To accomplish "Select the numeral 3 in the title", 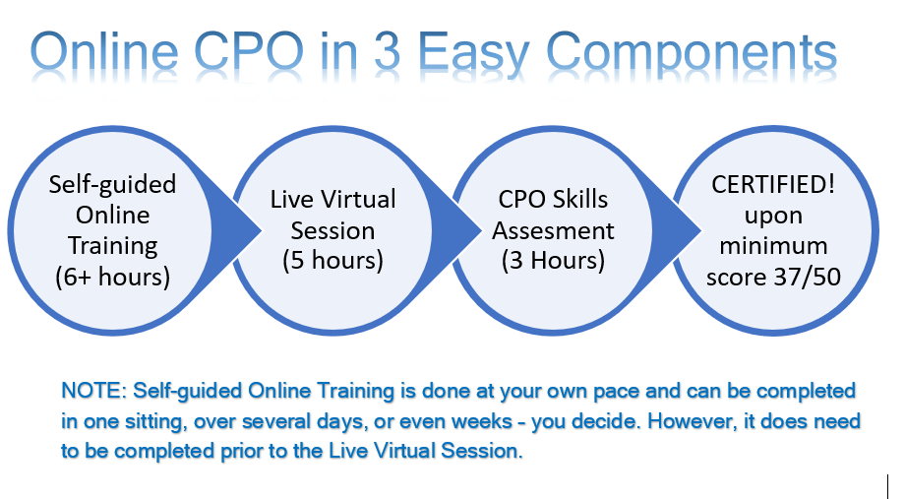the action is [387, 51].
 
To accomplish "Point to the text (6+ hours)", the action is [112, 277].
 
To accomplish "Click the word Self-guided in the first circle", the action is [112, 185].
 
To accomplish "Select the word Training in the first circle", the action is [113, 247].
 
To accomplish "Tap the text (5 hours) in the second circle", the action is [333, 261].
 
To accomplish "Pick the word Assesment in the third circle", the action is [553, 230].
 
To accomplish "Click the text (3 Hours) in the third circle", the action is [553, 261].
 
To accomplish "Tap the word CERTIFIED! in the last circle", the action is [773, 185].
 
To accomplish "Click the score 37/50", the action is [807, 277].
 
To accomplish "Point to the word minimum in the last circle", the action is [773, 246].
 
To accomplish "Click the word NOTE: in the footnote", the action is [94, 391].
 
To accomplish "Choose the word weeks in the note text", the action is [483, 421].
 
